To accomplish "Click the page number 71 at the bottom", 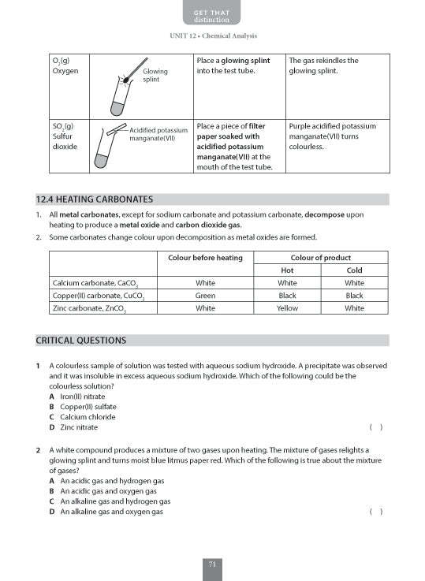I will coord(213,563).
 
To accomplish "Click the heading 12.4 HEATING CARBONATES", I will coord(95,199).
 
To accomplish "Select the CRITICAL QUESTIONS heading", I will coord(81,341).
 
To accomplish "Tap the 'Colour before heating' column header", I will coord(205,258).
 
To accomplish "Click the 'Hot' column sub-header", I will coord(287,270).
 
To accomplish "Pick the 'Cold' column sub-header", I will coord(354,270).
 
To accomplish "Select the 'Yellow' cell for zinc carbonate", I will coord(287,309).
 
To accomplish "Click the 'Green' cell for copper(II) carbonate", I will coord(205,296).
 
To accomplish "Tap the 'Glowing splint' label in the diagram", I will coord(155,76).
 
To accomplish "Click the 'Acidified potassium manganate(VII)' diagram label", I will coord(158,134).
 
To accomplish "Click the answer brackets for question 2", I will coord(375,511).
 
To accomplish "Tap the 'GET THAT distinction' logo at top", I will coord(213,14).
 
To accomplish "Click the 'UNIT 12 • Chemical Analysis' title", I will coord(213,36).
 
